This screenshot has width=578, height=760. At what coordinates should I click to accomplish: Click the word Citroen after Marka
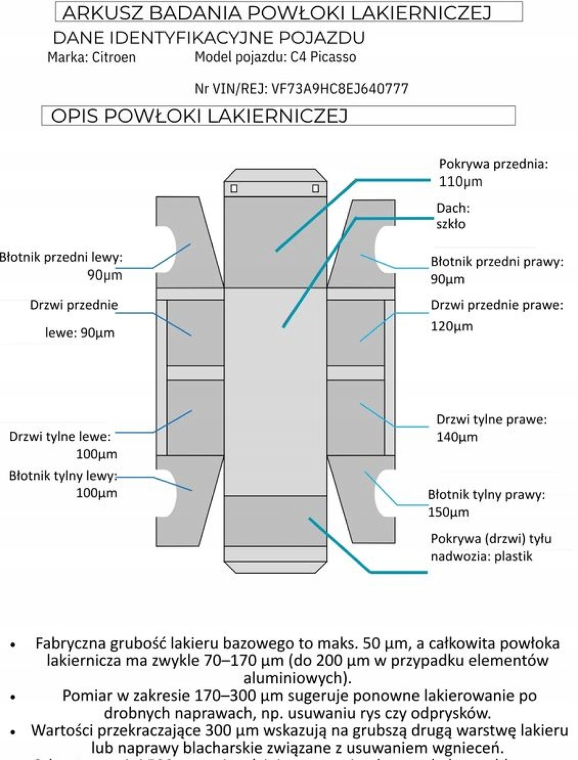tap(113, 57)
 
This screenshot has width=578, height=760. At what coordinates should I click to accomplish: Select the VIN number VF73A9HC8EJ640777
tap(339, 89)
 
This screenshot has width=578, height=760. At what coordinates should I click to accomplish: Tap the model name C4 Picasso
tap(323, 57)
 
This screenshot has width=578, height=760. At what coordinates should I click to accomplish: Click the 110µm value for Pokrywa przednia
tap(460, 182)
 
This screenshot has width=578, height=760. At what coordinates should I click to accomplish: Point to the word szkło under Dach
tap(450, 224)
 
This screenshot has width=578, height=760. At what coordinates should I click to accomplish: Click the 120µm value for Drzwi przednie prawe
tap(451, 326)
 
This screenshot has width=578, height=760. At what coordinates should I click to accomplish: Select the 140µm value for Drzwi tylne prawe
tap(457, 437)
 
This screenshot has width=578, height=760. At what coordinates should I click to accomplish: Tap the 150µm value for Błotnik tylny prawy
tap(448, 512)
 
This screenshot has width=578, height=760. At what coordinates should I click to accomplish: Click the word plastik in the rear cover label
tap(513, 556)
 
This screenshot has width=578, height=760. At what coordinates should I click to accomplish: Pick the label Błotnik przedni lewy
tap(61, 258)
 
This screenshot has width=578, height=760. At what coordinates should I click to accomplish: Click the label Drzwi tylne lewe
tap(60, 437)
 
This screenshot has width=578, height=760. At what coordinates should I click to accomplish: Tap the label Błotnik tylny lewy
tap(63, 476)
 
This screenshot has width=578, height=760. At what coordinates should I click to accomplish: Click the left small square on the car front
tap(234, 188)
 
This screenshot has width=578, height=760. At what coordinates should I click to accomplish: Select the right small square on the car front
tap(315, 188)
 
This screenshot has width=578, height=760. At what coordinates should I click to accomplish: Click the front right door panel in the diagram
tap(355, 332)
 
